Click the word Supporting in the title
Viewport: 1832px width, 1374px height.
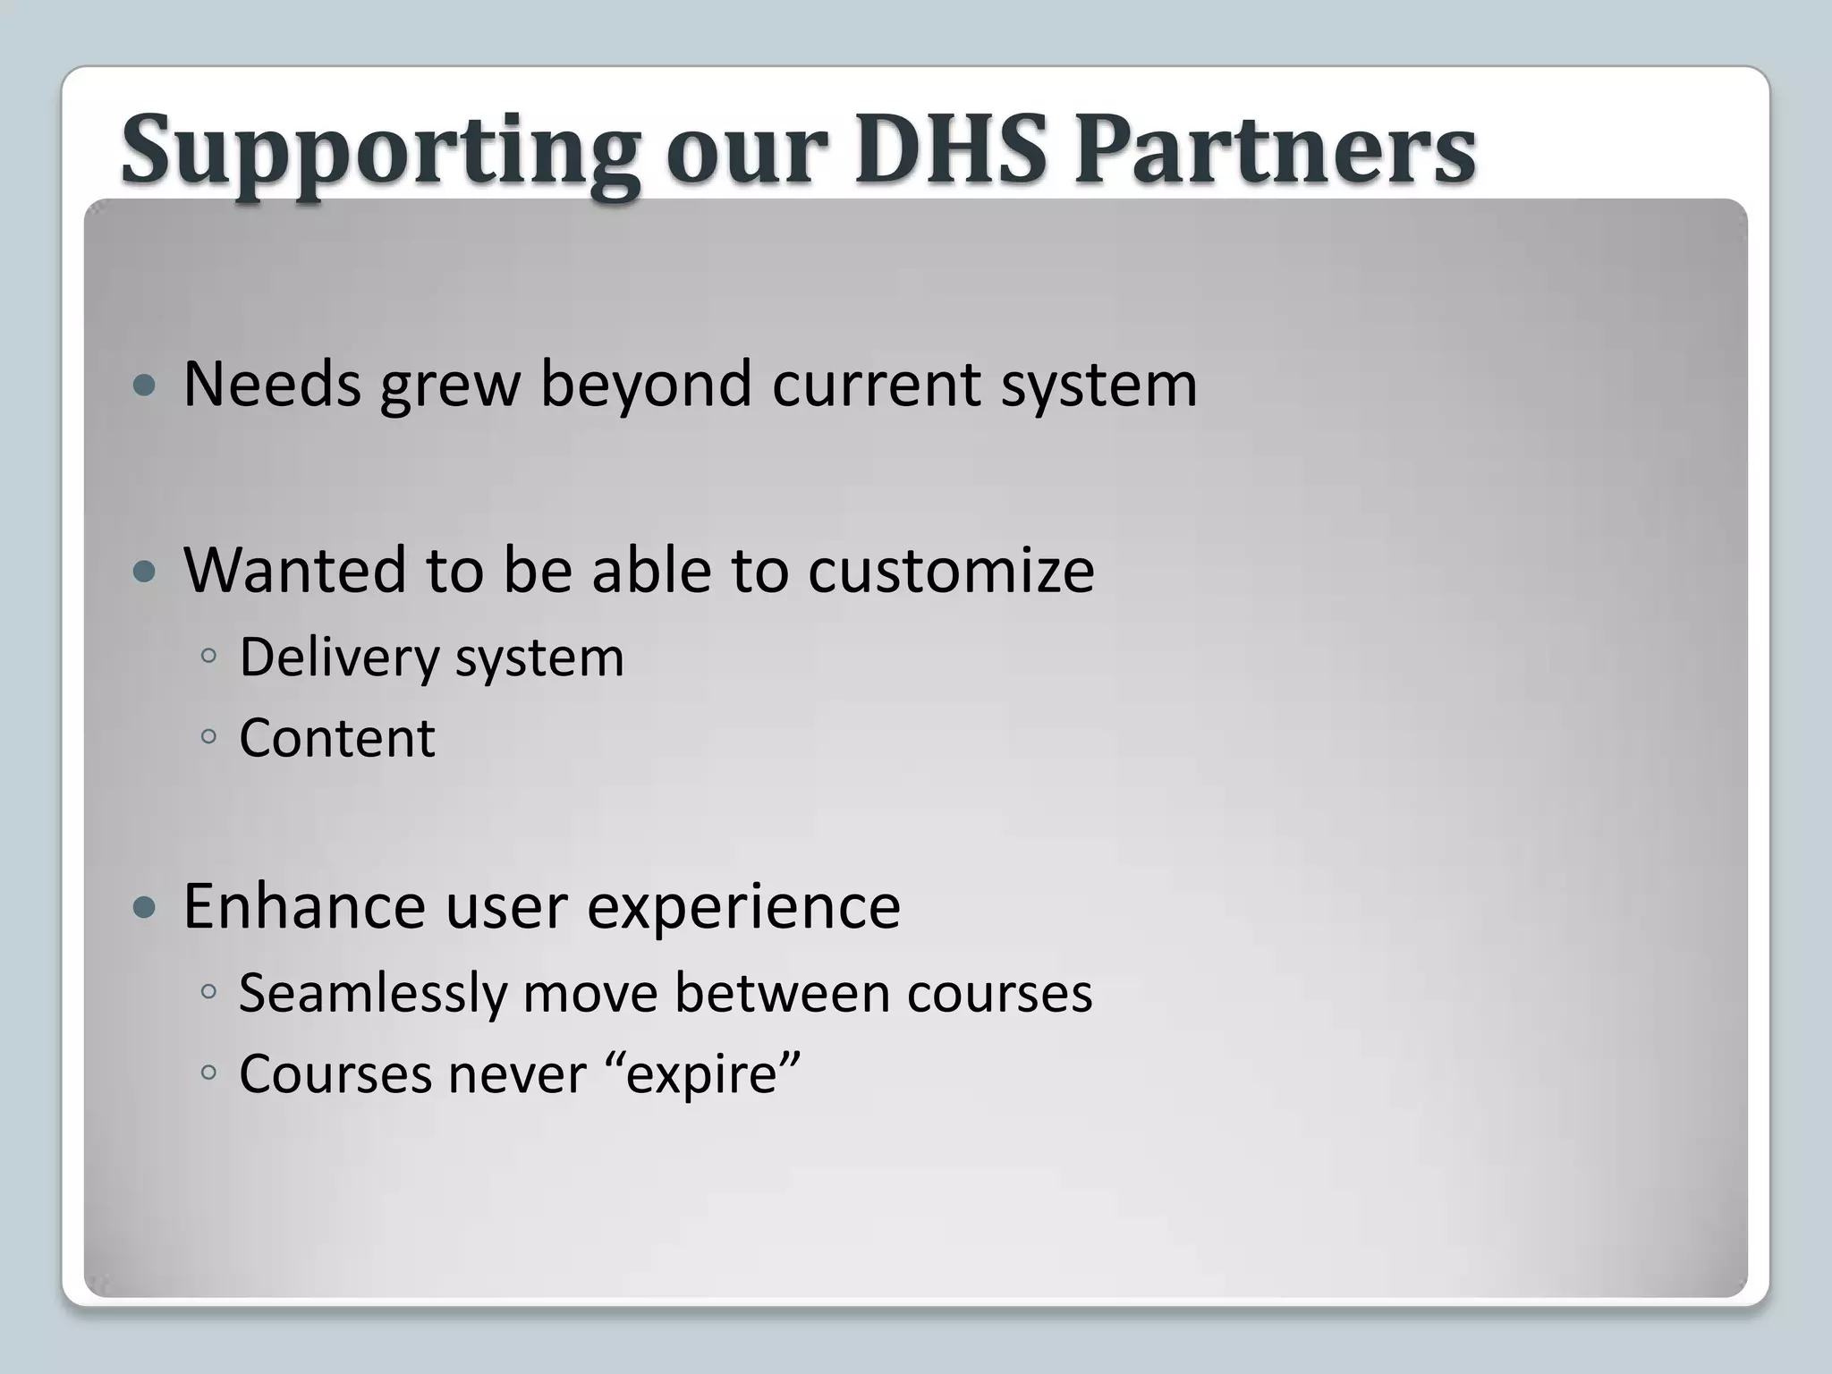click(x=380, y=150)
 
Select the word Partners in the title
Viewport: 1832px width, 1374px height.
click(x=1274, y=150)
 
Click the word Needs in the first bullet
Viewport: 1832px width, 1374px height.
click(x=272, y=385)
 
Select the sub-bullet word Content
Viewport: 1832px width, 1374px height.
click(x=337, y=738)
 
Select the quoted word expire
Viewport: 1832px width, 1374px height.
click(x=700, y=1074)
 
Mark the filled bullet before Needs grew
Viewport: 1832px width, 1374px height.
click(x=143, y=386)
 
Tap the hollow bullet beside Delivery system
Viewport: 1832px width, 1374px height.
click(x=208, y=656)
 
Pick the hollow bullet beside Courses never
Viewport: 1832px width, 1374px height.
click(x=208, y=1072)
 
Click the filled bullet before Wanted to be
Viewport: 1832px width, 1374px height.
click(x=143, y=572)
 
